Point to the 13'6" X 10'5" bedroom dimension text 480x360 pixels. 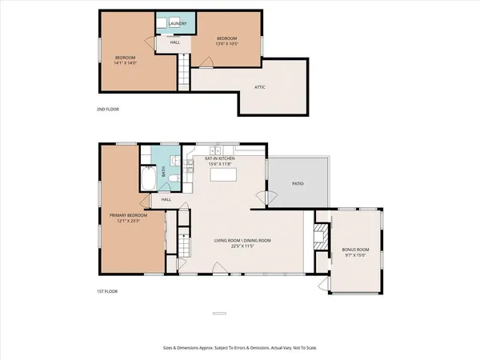[227, 45]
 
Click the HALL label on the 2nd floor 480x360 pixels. [174, 42]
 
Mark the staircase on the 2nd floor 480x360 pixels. [182, 70]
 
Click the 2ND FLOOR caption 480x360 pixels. [107, 109]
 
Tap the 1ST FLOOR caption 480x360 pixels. [106, 291]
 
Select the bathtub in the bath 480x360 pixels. [149, 179]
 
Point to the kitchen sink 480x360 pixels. [217, 150]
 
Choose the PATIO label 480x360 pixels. [297, 184]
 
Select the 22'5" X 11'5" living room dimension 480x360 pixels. [242, 246]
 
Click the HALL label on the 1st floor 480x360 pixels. [166, 200]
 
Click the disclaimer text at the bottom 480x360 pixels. [240, 348]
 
